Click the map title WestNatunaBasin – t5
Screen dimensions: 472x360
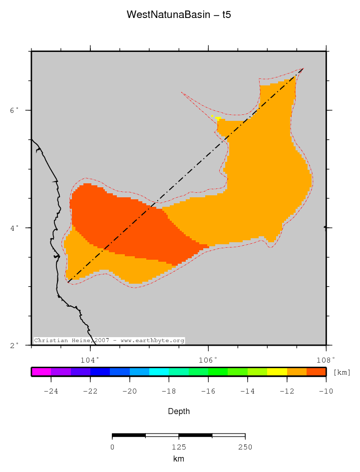(x=179, y=15)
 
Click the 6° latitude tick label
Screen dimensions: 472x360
(x=14, y=110)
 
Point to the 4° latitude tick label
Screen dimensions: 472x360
(x=14, y=228)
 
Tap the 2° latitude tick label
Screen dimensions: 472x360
(x=14, y=345)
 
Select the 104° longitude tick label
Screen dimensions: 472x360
(x=90, y=360)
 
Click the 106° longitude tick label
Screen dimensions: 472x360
(x=208, y=360)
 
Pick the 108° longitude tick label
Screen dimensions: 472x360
(x=326, y=360)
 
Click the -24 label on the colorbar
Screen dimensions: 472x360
(x=50, y=392)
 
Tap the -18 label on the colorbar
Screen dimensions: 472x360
(x=168, y=392)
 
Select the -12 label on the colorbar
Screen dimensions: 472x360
(x=286, y=392)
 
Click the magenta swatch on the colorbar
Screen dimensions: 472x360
(x=41, y=372)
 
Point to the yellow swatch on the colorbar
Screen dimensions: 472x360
(x=277, y=372)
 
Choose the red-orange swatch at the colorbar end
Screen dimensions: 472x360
(x=316, y=372)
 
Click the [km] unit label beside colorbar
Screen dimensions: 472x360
(x=342, y=373)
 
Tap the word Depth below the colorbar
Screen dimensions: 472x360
(x=178, y=412)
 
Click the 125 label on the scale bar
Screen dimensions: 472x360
(x=179, y=447)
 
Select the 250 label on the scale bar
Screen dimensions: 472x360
(x=245, y=447)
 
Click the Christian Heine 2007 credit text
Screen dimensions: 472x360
(x=109, y=341)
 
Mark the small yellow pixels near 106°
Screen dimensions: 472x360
(x=218, y=118)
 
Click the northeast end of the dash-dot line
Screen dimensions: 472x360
(x=303, y=69)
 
